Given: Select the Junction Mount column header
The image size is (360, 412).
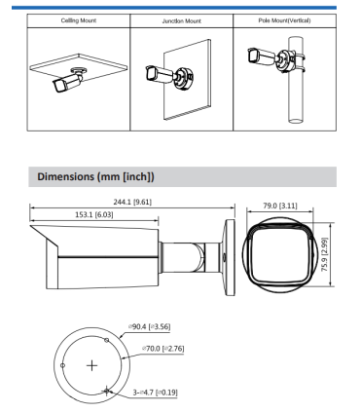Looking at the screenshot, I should coord(179,19).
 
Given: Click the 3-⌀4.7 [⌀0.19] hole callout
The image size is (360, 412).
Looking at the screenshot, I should coord(159,390).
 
